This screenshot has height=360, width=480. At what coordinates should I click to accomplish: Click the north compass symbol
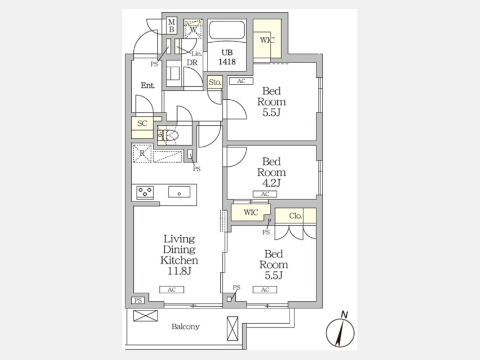pos(340,331)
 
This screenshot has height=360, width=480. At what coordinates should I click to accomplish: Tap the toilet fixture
pos(169,135)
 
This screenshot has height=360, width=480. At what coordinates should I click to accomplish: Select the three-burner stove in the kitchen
pos(145,192)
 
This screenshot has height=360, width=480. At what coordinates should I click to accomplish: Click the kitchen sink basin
pos(179,192)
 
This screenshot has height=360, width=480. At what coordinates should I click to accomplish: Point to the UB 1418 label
pos(227,57)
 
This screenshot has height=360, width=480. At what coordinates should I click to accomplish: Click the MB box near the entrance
pos(171,26)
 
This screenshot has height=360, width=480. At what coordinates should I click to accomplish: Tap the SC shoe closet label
pos(142,123)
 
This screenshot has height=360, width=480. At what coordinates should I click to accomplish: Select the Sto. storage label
pos(215,82)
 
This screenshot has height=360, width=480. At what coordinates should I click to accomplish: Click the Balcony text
pos(186,326)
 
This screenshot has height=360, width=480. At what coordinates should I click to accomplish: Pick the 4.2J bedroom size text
pos(271,183)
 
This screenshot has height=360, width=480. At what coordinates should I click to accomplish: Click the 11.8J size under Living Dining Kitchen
pos(179,271)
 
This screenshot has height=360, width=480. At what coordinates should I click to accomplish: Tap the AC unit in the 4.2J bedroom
pos(265,194)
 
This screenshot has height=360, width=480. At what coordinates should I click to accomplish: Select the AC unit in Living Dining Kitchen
pos(172,290)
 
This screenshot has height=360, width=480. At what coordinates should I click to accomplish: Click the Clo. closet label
pos(295,216)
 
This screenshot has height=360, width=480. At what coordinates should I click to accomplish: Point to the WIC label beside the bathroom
pos(267,40)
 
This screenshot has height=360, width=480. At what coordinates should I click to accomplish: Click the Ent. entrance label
pos(148,85)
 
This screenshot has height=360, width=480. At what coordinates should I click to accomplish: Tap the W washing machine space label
pos(193,30)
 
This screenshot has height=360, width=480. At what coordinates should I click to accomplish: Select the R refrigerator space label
pos(142,153)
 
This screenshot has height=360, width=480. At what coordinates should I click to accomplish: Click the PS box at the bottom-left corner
pos(138,301)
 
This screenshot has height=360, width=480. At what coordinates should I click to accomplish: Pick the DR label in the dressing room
pos(192,62)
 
